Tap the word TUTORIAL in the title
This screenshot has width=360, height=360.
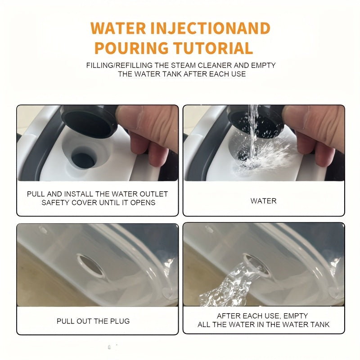[x=213, y=48]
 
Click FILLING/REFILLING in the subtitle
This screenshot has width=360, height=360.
[x=119, y=65]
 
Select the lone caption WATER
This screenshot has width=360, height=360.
[x=263, y=201]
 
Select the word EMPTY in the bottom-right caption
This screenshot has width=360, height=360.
[x=296, y=316]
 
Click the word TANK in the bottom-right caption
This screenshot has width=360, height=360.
[x=320, y=324]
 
